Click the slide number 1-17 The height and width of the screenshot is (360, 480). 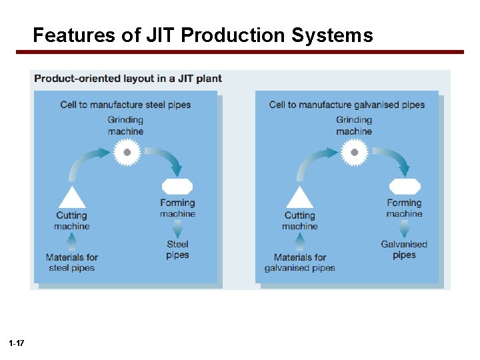(17, 343)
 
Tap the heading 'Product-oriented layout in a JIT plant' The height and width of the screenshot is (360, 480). (128, 79)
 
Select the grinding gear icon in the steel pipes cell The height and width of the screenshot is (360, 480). (126, 153)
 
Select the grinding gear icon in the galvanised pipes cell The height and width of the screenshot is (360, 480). (354, 153)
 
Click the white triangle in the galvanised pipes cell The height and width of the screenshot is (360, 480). (299, 197)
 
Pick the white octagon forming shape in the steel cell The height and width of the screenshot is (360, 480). (177, 187)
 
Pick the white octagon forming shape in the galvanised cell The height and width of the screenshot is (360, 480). (405, 187)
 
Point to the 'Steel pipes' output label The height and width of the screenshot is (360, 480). (177, 249)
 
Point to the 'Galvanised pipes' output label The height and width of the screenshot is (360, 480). (404, 249)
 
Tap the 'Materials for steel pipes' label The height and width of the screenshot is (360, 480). (71, 262)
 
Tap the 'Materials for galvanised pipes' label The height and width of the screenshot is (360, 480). (299, 262)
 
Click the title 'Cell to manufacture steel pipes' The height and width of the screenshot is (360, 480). (125, 105)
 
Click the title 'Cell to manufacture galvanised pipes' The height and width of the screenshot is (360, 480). (347, 105)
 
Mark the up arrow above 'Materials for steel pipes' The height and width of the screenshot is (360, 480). (71, 241)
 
